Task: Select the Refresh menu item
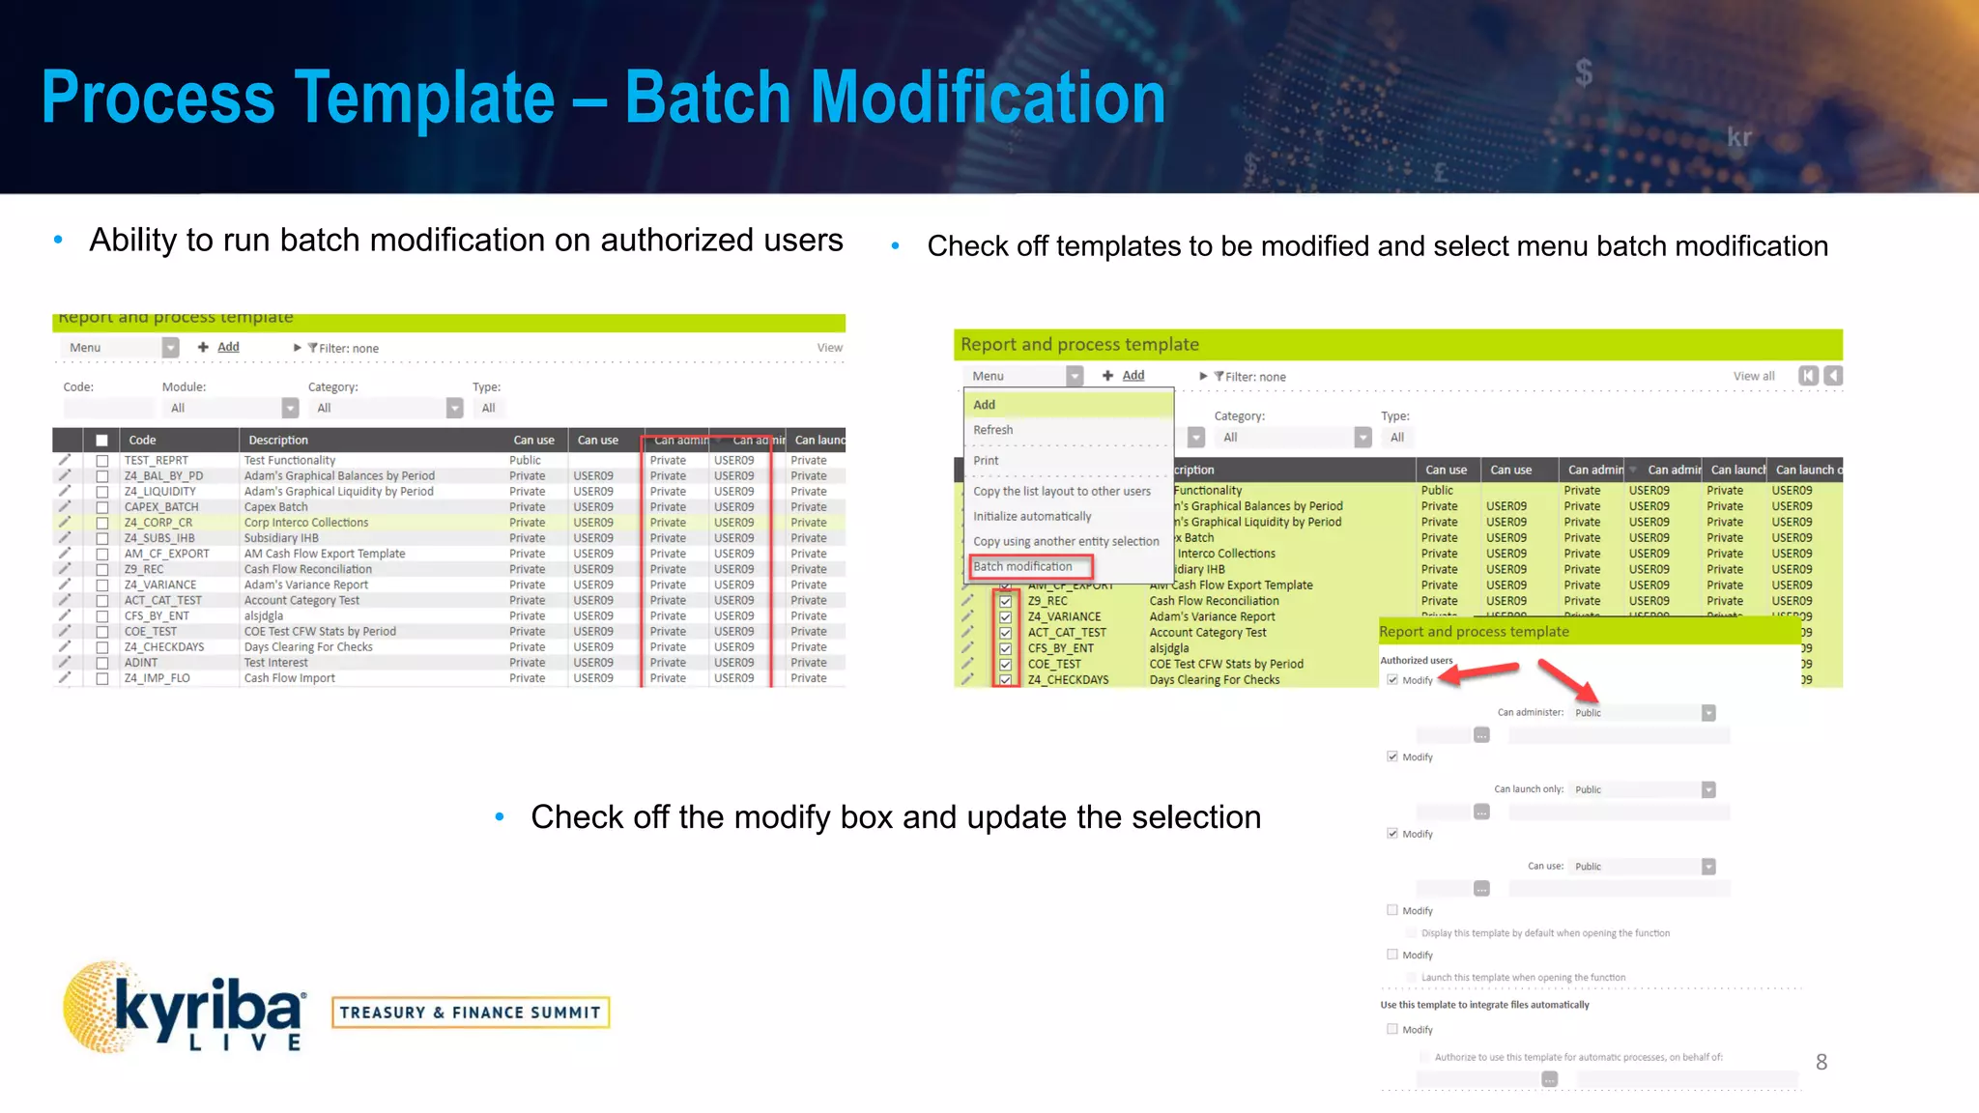[993, 430]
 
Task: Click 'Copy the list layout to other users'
[1062, 492]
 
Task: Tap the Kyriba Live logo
[184, 1007]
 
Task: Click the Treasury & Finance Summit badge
[471, 1013]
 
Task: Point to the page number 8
[1821, 1062]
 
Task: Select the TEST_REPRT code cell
[157, 461]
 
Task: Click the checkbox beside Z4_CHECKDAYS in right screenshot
[1005, 680]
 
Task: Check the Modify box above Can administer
[1392, 680]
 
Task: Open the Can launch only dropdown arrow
[1708, 790]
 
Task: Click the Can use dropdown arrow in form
[1708, 867]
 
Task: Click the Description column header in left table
[278, 441]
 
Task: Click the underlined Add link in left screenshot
[228, 347]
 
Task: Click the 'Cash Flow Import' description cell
[290, 678]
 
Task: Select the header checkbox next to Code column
[101, 441]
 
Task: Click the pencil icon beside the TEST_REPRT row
[65, 460]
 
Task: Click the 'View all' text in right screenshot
[1753, 377]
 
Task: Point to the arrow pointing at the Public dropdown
[1567, 681]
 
